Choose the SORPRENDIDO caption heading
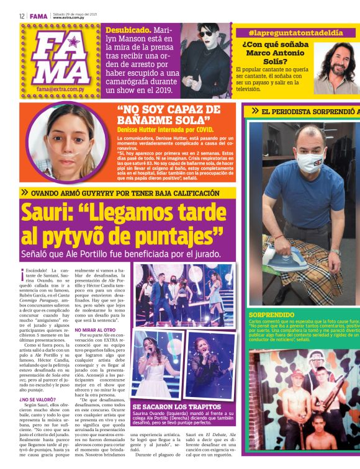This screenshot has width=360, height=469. pyautogui.click(x=271, y=315)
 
